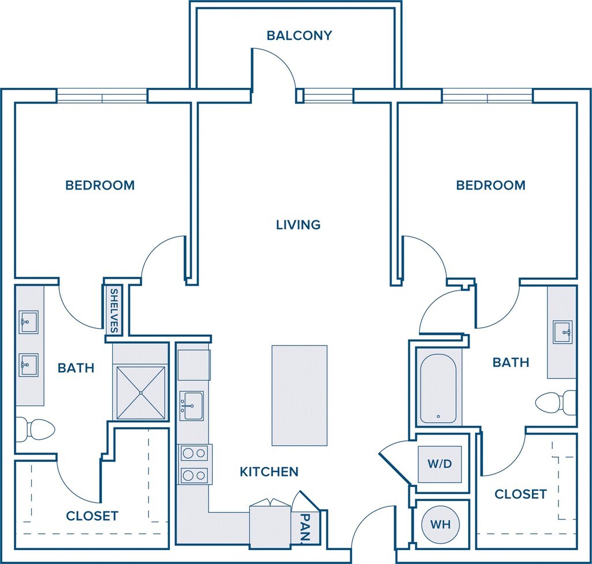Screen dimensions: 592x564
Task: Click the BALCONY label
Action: [299, 35]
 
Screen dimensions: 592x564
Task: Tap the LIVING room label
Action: [298, 225]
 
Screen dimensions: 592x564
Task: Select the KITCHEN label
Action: [269, 472]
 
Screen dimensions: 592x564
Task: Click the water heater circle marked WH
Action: [440, 524]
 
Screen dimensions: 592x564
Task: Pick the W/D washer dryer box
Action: [440, 464]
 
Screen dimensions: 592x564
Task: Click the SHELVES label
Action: [114, 311]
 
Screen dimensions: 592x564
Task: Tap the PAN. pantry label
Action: [306, 528]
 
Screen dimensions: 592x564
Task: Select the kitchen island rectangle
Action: [299, 395]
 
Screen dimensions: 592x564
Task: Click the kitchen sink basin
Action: [191, 406]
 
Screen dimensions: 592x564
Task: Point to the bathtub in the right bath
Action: [438, 389]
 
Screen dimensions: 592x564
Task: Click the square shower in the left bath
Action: [141, 392]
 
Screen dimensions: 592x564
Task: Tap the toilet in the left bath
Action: [35, 429]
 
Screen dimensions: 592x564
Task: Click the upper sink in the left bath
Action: [29, 322]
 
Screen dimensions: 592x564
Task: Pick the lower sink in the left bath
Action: [29, 365]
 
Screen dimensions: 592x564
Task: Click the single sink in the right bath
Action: [563, 332]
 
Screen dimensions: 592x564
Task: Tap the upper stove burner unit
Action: [194, 453]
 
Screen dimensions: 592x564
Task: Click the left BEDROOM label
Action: [100, 185]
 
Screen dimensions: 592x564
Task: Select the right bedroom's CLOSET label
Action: [521, 494]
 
